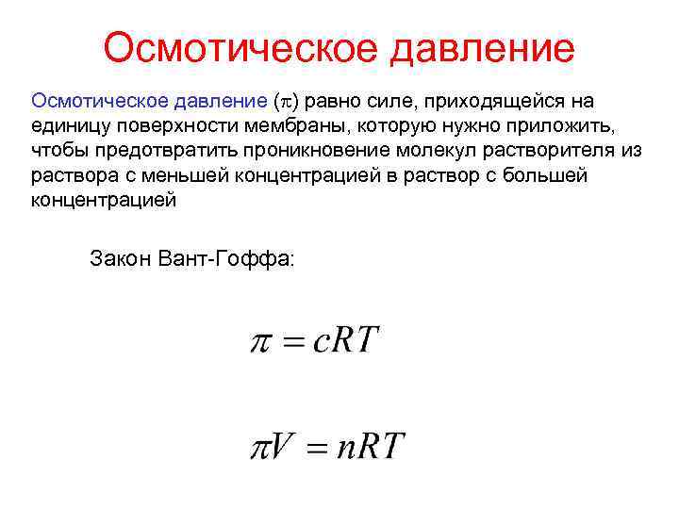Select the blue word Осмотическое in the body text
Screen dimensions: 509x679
(x=97, y=101)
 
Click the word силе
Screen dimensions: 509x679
(x=368, y=101)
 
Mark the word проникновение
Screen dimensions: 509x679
(x=316, y=151)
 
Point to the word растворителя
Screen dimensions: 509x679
(x=553, y=151)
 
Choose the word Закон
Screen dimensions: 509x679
(x=119, y=256)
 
